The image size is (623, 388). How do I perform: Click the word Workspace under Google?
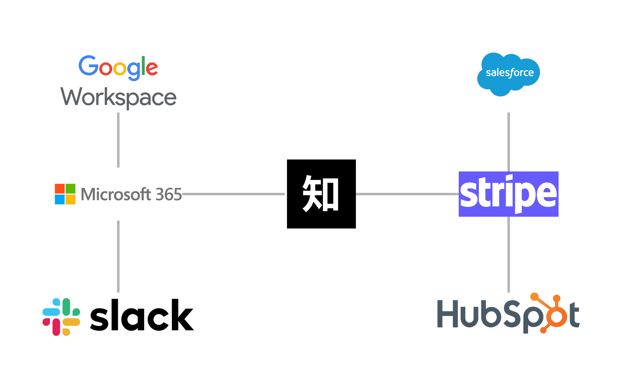[118, 97]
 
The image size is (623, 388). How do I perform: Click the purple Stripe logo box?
[508, 194]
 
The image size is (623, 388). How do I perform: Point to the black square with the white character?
[321, 194]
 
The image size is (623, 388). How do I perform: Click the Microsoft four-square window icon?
[65, 194]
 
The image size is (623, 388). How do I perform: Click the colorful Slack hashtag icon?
[61, 317]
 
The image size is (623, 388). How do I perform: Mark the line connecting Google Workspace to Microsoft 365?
[118, 140]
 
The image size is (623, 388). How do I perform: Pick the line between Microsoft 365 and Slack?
[118, 256]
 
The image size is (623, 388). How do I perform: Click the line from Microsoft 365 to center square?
[233, 194]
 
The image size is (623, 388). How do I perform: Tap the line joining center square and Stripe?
[407, 194]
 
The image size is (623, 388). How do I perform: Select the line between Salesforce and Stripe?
[508, 142]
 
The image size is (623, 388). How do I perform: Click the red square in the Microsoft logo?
[60, 189]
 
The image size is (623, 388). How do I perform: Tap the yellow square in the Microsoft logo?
[70, 200]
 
